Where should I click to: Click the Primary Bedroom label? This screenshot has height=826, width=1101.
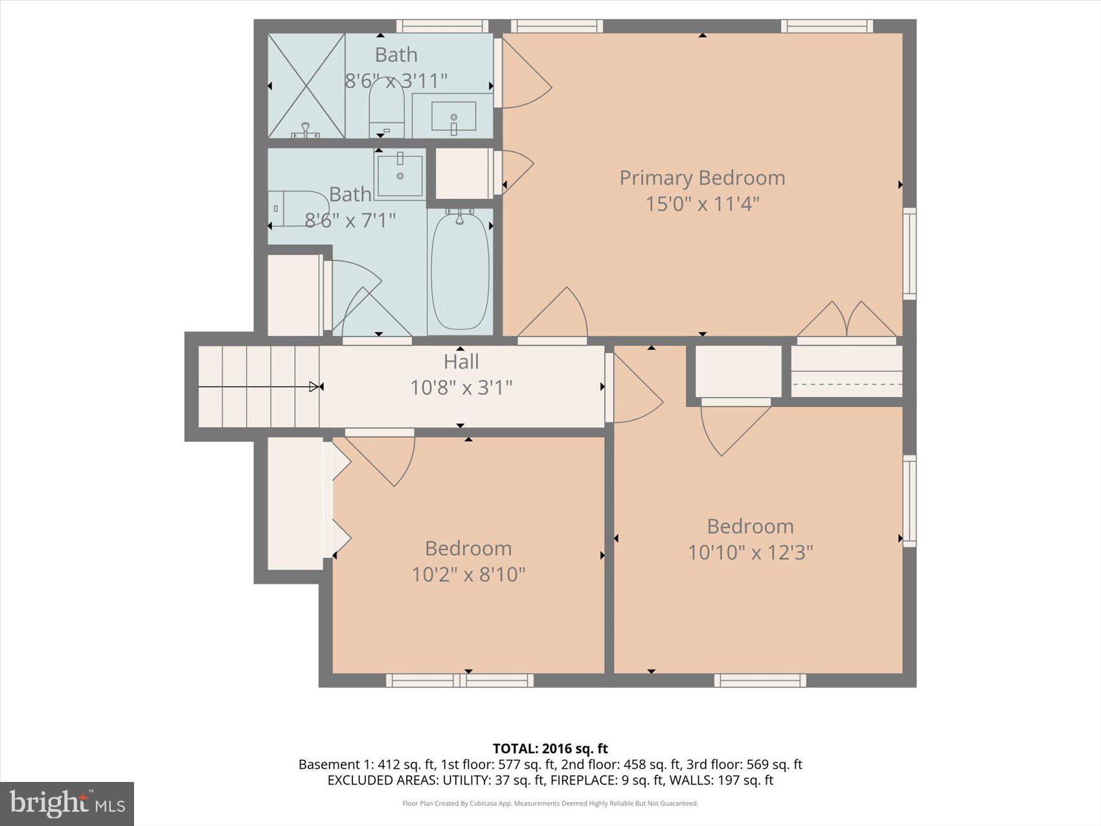(702, 178)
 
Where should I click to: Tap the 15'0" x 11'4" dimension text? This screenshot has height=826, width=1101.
(702, 204)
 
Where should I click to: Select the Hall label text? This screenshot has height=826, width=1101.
(461, 361)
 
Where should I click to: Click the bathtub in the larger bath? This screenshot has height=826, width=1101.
(460, 271)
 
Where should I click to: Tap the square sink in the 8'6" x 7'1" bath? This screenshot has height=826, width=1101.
(400, 174)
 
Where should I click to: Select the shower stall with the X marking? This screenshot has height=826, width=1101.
(306, 86)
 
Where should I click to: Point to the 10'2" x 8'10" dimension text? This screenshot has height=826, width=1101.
(468, 575)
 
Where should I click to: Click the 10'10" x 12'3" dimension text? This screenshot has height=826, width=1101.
(750, 553)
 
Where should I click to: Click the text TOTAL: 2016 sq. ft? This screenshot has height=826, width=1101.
(550, 749)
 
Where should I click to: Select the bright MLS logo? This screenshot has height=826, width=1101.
(67, 804)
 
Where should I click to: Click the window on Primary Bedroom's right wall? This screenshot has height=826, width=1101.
(909, 253)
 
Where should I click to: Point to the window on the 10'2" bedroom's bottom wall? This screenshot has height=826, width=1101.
(460, 680)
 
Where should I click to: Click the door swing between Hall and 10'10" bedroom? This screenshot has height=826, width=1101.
(635, 389)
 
